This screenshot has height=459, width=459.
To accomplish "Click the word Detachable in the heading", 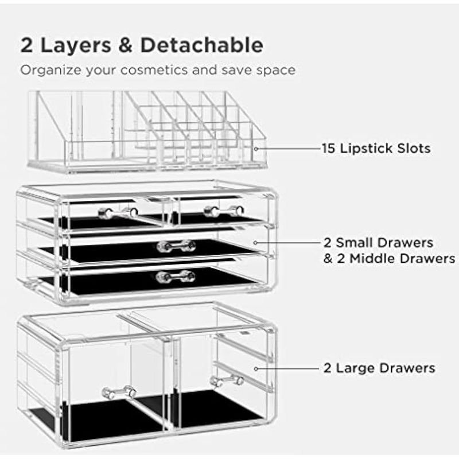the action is (201, 45).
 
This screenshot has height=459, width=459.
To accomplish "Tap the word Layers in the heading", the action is (76, 45).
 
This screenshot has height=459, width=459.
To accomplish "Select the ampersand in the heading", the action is (125, 45).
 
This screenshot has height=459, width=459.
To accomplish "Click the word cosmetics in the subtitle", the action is (154, 70).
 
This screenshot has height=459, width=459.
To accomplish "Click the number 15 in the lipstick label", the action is (328, 149).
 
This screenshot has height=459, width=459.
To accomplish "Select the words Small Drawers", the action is (384, 243).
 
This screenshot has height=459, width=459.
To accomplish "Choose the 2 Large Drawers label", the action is (379, 368).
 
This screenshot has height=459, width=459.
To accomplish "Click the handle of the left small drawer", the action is (118, 212).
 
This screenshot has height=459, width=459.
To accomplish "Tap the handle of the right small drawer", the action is (224, 211).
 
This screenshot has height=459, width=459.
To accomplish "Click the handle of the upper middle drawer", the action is (176, 246).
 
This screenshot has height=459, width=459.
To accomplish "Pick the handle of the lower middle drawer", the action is (176, 277).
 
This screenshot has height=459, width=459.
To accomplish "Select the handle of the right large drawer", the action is (227, 381).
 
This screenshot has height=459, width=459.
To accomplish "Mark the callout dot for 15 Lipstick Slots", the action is (256, 149).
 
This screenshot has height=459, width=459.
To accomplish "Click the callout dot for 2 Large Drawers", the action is (256, 369).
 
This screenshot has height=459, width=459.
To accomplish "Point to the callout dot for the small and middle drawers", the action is (255, 243).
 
